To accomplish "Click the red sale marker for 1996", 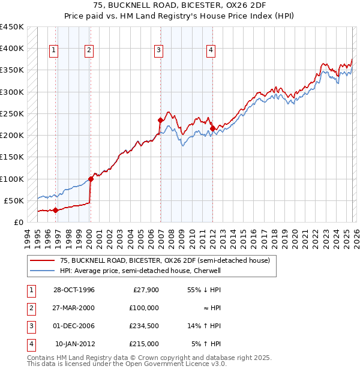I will pyautogui.click(x=56, y=210).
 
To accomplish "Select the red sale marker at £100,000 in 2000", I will pyautogui.click(x=91, y=179).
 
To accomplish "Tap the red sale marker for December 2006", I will pyautogui.click(x=161, y=120).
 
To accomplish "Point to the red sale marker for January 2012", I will pyautogui.click(x=212, y=128).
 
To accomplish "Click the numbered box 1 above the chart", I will pyautogui.click(x=54, y=51).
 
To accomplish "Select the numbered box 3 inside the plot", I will pyautogui.click(x=159, y=51).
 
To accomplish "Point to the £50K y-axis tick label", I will pyautogui.click(x=14, y=200).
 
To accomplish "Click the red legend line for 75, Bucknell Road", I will pyautogui.click(x=42, y=260).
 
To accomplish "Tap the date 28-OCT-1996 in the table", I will pyautogui.click(x=74, y=290).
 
